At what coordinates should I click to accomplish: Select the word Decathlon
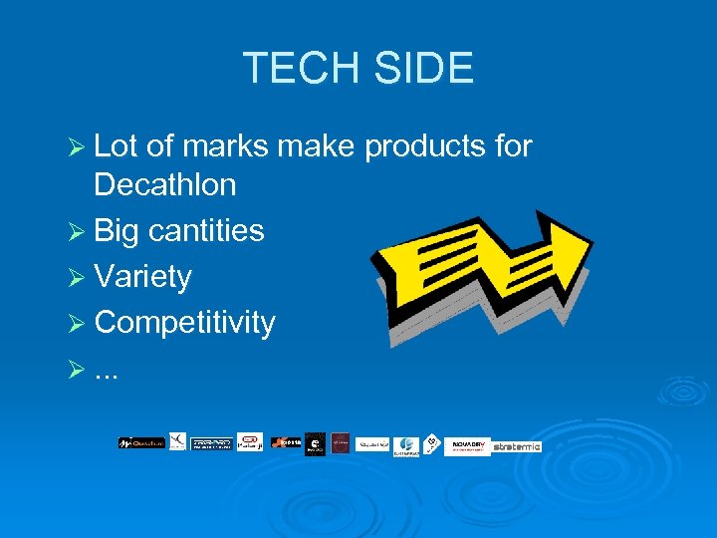pos(164,184)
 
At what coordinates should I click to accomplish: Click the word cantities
pos(206,230)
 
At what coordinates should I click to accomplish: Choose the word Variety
pos(142,276)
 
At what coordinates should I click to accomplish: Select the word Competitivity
pos(184,322)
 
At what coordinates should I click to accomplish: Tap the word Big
pos(117,230)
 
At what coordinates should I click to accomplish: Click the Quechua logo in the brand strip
pos(140,442)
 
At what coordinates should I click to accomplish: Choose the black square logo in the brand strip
pos(315,443)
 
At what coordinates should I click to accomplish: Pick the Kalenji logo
pos(250,441)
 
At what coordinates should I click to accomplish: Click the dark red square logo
pos(341,442)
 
